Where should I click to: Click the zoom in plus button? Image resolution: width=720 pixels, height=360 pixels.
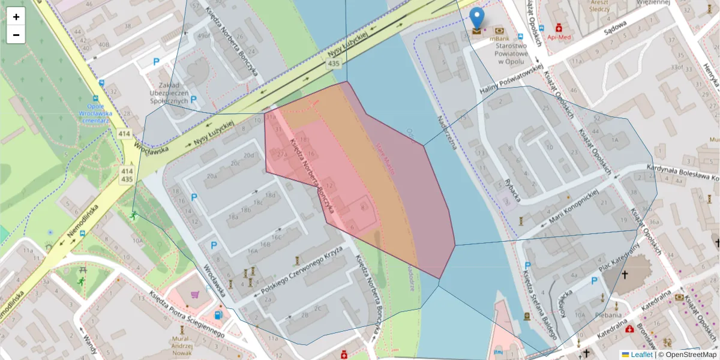pyautogui.click(x=16, y=17)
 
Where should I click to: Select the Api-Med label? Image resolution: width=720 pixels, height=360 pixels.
pyautogui.click(x=559, y=37)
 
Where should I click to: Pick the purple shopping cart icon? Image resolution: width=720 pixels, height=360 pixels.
pyautogui.click(x=195, y=295)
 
